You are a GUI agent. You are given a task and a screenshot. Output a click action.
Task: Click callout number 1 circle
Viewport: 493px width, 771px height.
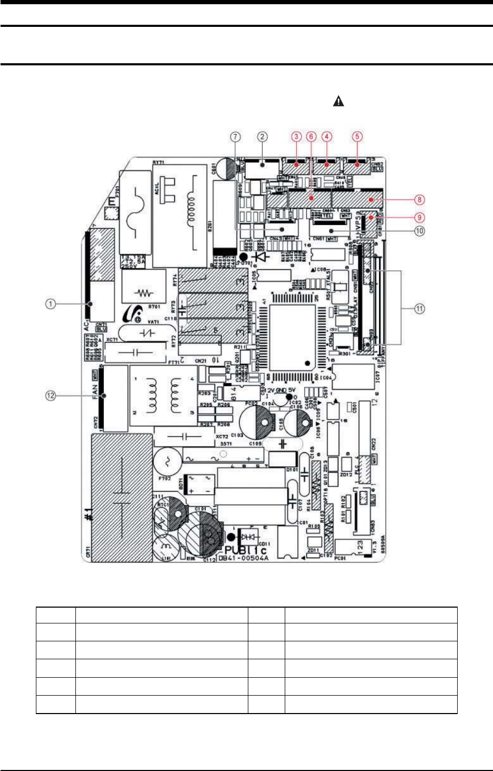[50, 304]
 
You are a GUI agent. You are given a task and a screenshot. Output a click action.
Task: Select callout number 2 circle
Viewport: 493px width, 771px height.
[262, 136]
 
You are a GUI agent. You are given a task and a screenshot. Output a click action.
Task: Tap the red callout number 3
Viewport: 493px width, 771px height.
[297, 136]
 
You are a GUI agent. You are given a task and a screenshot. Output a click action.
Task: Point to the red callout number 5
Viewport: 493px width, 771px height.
[357, 136]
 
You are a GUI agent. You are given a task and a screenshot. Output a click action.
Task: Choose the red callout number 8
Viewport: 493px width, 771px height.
[420, 199]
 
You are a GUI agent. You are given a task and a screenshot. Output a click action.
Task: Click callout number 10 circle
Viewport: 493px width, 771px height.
[420, 230]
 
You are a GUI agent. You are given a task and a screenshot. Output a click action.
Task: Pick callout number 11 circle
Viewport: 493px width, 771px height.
[420, 309]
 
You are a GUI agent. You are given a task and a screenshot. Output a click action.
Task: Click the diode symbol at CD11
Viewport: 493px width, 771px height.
[248, 536]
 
